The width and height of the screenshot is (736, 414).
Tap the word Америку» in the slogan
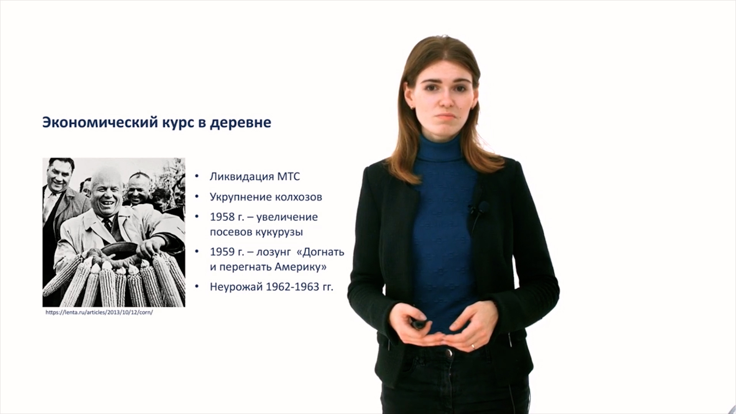[x=301, y=267]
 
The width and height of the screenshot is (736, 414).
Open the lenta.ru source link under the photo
[x=99, y=312]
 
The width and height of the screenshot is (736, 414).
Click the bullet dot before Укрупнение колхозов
[x=197, y=197]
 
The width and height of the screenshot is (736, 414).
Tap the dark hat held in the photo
[x=119, y=250]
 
